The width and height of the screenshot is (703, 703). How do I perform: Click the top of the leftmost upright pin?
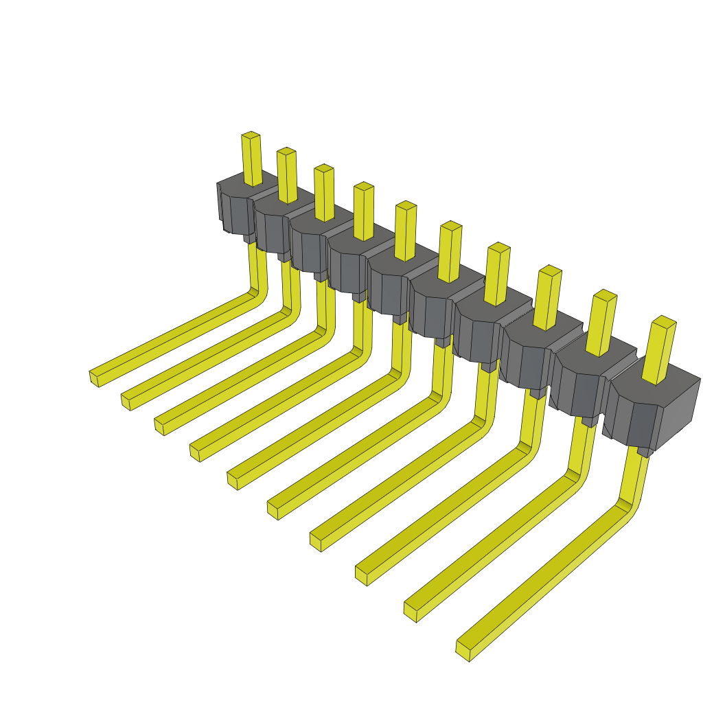[x=251, y=135]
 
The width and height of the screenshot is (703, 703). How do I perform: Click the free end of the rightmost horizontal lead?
[x=463, y=650]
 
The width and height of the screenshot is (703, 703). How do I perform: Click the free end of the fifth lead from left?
[x=232, y=479]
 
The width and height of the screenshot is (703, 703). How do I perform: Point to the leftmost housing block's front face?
[x=238, y=214]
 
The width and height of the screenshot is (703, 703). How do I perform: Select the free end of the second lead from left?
[x=126, y=401]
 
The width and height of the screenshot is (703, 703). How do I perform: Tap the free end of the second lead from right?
[x=411, y=611]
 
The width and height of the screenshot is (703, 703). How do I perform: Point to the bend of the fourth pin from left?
[x=359, y=354]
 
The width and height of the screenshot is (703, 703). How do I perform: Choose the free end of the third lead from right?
[x=361, y=575]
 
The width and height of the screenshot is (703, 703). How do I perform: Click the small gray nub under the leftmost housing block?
[x=249, y=238]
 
